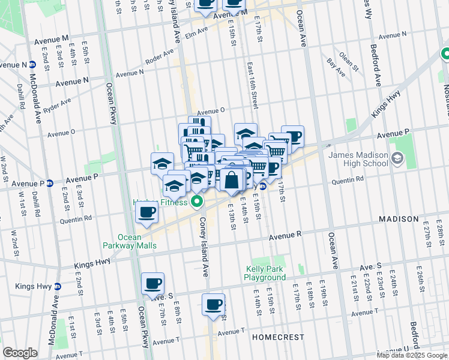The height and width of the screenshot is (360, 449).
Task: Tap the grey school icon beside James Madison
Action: point(396,158)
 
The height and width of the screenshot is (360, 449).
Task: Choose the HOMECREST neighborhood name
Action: point(278,337)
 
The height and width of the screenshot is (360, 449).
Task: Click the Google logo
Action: point(20,353)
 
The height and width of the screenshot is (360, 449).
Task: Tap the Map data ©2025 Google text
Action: point(412,355)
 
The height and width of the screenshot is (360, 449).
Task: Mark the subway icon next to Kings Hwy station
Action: point(57,287)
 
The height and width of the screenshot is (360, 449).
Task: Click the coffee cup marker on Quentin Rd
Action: point(147,212)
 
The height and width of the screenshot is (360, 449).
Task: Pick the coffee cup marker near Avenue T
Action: point(213,304)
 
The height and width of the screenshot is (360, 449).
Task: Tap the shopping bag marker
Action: point(232,179)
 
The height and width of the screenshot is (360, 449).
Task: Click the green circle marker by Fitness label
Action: point(196,201)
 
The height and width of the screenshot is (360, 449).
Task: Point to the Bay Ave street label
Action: point(336,62)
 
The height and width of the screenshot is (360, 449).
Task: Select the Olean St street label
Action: point(346,59)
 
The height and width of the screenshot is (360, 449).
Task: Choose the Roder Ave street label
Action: point(159,58)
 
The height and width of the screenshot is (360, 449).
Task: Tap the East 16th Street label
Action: point(253,87)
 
